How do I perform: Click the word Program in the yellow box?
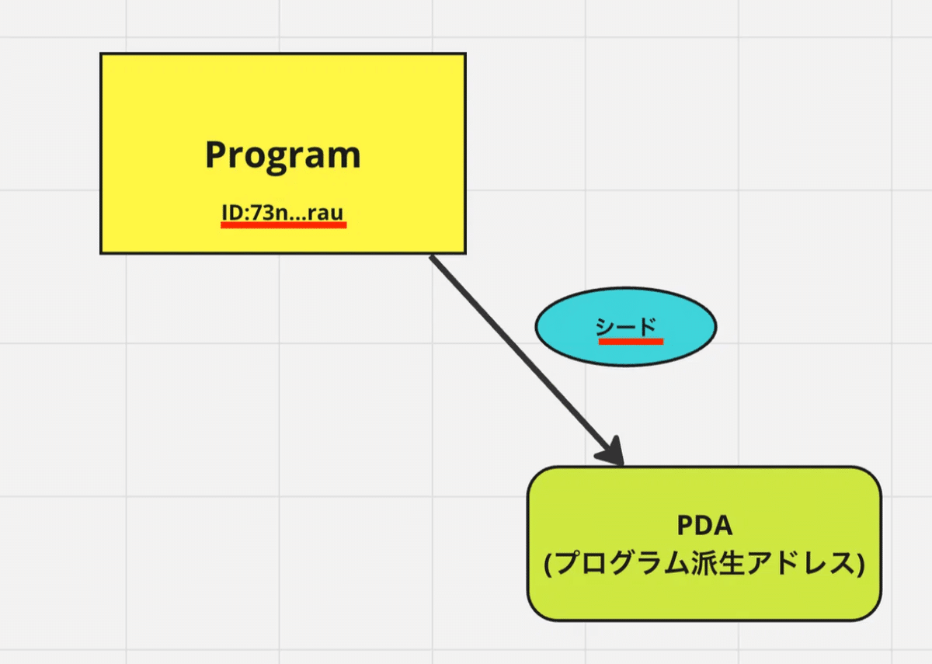tap(283, 157)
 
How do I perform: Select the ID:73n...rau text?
tap(283, 212)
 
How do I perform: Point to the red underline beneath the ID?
tap(283, 225)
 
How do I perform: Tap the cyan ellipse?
tap(626, 327)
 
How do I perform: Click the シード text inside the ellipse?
tap(626, 327)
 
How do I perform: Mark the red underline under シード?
tap(631, 342)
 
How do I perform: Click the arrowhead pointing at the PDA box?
tap(612, 452)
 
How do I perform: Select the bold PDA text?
tap(704, 525)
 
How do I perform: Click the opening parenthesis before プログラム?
tap(548, 564)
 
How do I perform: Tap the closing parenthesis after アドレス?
tap(861, 564)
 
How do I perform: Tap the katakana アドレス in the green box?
tap(798, 563)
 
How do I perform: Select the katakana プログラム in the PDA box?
tap(622, 563)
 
